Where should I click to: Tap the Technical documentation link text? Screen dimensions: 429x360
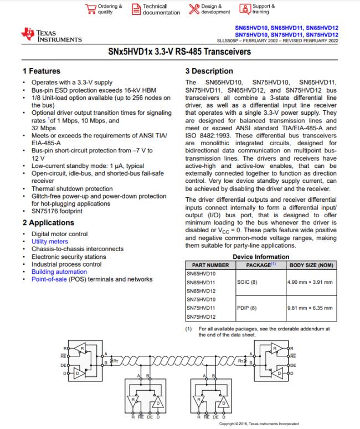point(161,9)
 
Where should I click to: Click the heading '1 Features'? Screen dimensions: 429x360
point(42,71)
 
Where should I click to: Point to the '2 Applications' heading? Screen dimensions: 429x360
point(48,223)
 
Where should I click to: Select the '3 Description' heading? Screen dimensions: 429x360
point(209,71)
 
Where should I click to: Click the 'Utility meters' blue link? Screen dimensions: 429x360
point(50,242)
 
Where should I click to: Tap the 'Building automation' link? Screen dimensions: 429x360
point(59,272)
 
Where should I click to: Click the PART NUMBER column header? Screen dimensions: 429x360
point(207,265)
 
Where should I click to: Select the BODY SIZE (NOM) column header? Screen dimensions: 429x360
point(311,265)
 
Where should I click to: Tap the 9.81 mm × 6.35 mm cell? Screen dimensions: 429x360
point(310,308)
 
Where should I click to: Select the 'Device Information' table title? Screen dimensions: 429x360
point(261,257)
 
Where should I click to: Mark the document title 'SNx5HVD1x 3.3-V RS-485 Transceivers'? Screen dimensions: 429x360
point(180,52)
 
